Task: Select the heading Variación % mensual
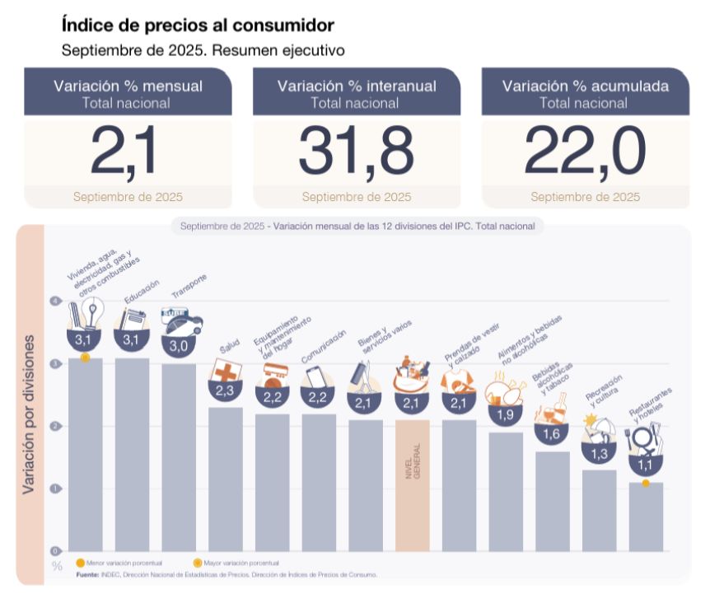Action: (128, 86)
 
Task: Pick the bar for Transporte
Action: (179, 457)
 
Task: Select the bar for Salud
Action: (226, 479)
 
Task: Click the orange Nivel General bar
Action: (413, 485)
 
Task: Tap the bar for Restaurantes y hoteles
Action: (646, 517)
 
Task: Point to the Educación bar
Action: (132, 454)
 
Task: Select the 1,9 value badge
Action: (506, 415)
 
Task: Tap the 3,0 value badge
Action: (179, 346)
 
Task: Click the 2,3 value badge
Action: (226, 391)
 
